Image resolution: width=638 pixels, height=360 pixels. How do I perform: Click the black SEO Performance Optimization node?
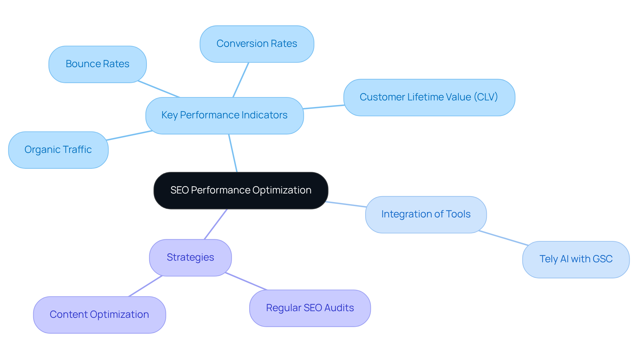tap(241, 190)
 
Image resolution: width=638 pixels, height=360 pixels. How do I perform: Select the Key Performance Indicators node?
tap(224, 115)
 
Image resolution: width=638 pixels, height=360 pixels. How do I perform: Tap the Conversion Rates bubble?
tap(257, 44)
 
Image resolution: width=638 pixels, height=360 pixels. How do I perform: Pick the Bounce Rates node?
tap(97, 64)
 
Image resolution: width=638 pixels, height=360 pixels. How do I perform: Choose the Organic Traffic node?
tap(58, 150)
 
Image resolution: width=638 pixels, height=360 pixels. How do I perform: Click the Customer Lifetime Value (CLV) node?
tap(429, 97)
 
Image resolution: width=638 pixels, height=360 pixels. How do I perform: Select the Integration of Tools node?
tap(426, 214)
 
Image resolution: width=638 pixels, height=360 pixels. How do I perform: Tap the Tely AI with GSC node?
tap(576, 259)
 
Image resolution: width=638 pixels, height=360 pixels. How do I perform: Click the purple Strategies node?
tap(190, 258)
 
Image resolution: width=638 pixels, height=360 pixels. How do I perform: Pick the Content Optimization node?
tap(99, 315)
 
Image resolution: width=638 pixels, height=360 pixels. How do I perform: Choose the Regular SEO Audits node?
tap(310, 308)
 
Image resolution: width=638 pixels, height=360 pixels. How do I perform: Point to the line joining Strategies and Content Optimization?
tap(145, 286)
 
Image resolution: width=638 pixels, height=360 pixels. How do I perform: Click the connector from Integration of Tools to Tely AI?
tap(503, 238)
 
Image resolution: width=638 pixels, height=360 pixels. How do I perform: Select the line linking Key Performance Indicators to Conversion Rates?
tap(241, 80)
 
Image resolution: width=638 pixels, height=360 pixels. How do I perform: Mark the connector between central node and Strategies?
tap(216, 224)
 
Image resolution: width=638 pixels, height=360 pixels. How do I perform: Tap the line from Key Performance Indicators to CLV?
tap(324, 107)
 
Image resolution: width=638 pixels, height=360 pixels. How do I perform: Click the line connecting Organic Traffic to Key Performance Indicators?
tap(130, 135)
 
